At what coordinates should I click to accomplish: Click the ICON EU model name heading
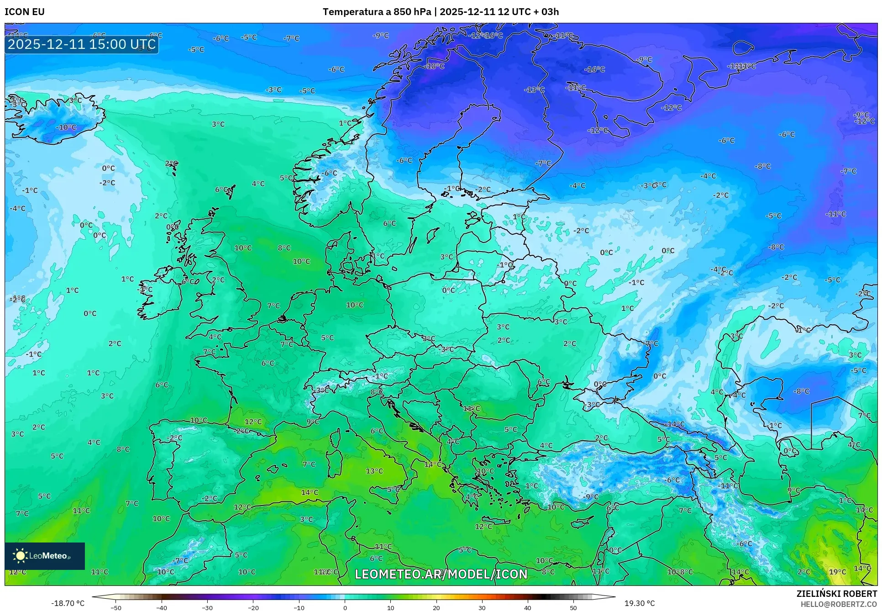tap(25, 12)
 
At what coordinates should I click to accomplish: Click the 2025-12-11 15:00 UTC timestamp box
tap(82, 44)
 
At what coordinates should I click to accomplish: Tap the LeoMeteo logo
tap(45, 556)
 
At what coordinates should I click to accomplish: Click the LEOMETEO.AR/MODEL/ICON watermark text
tap(441, 574)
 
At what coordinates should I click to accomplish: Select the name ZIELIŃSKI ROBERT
tap(837, 594)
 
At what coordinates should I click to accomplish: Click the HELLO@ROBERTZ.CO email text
tap(839, 604)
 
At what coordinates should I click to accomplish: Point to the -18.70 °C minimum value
tap(68, 603)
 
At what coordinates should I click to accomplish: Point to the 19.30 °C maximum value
tap(640, 603)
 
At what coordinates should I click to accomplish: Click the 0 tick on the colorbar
tap(345, 608)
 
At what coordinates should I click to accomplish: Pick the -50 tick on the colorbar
tap(116, 608)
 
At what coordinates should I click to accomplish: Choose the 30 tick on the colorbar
tap(482, 608)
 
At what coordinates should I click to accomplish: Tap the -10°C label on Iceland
tap(66, 127)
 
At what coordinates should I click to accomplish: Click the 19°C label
tap(837, 572)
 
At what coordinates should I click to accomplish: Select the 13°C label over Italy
tap(374, 471)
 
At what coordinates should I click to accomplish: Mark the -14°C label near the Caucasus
tap(675, 424)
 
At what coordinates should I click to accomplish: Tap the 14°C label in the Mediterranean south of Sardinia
tap(310, 492)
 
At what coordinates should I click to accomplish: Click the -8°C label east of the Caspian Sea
tap(801, 391)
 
